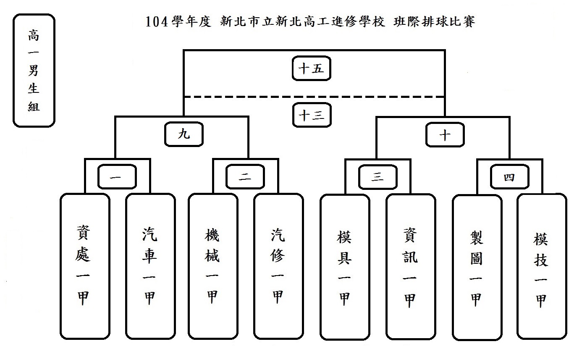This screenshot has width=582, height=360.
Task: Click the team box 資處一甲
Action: pos(85,266)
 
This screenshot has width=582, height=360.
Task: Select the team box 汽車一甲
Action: pos(150,266)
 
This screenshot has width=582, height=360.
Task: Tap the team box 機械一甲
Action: pos(212,266)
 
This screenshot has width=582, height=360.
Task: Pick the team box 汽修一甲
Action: pos(278,266)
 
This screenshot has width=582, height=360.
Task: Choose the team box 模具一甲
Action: pos(345,267)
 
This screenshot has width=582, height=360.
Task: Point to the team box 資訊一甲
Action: pos(411,267)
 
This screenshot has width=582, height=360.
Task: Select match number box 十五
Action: pos(312,68)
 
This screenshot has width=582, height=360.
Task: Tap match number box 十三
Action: pos(312,115)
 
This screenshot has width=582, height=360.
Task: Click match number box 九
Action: pos(184,134)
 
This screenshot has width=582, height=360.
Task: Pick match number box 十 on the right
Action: pos(445,134)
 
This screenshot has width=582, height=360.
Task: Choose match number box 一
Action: pos(117,177)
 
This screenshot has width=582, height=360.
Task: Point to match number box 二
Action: pos(245,177)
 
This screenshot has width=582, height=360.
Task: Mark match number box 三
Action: pos(378,177)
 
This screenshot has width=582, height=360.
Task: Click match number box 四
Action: pos(510,177)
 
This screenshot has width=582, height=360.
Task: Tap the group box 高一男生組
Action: pos(34,70)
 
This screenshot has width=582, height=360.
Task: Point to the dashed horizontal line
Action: pos(252,97)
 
